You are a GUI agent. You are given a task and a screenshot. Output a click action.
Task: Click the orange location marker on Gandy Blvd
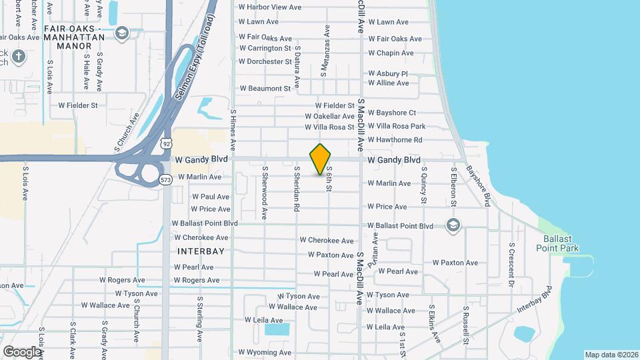[321, 159]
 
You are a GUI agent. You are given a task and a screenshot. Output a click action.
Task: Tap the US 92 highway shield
[166, 143]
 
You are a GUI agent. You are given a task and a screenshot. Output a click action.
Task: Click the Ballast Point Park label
[557, 243]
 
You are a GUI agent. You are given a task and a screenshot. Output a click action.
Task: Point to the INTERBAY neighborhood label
[201, 251]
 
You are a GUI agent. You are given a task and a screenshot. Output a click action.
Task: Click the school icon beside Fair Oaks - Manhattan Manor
[121, 33]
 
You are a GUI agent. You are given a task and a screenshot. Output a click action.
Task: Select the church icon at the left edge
[17, 57]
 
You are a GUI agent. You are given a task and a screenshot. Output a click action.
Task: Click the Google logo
[22, 351]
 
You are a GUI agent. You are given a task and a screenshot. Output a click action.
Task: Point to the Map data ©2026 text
[611, 355]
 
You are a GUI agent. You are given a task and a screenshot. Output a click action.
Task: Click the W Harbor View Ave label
[270, 7]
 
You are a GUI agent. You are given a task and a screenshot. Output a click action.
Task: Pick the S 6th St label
[329, 179]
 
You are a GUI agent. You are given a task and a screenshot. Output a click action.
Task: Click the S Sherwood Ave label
[265, 193]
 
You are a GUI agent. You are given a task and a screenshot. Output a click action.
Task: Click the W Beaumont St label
[265, 88]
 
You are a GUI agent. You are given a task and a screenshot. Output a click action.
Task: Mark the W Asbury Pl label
[388, 73]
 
